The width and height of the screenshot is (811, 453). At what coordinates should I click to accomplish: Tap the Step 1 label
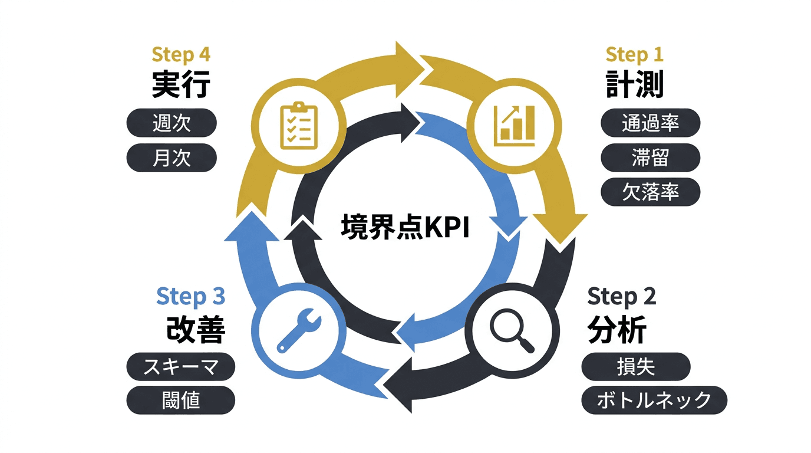click(634, 55)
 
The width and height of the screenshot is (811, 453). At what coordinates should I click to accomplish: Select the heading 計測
click(634, 86)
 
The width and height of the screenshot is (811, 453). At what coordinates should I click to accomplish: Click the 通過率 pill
click(650, 123)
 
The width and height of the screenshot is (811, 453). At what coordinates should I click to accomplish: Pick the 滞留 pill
click(650, 157)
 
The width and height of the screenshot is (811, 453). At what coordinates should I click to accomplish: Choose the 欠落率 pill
click(650, 192)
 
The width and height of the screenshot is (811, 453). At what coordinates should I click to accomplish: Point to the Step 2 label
click(621, 297)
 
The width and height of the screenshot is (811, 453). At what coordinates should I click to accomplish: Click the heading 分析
click(617, 330)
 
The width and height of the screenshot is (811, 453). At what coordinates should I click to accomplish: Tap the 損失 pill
click(635, 367)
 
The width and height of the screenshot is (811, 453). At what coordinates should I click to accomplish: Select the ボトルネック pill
click(654, 401)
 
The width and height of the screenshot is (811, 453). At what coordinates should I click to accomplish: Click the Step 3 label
click(190, 297)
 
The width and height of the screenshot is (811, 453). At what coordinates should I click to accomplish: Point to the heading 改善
click(196, 331)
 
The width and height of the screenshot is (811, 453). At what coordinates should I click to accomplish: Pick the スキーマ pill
click(180, 367)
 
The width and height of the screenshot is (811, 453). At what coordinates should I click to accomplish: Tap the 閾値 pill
click(180, 401)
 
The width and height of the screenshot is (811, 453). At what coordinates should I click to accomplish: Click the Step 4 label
click(181, 54)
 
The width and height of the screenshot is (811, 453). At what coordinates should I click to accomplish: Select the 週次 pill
click(172, 124)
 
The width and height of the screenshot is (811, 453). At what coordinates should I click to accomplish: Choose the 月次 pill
click(172, 158)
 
